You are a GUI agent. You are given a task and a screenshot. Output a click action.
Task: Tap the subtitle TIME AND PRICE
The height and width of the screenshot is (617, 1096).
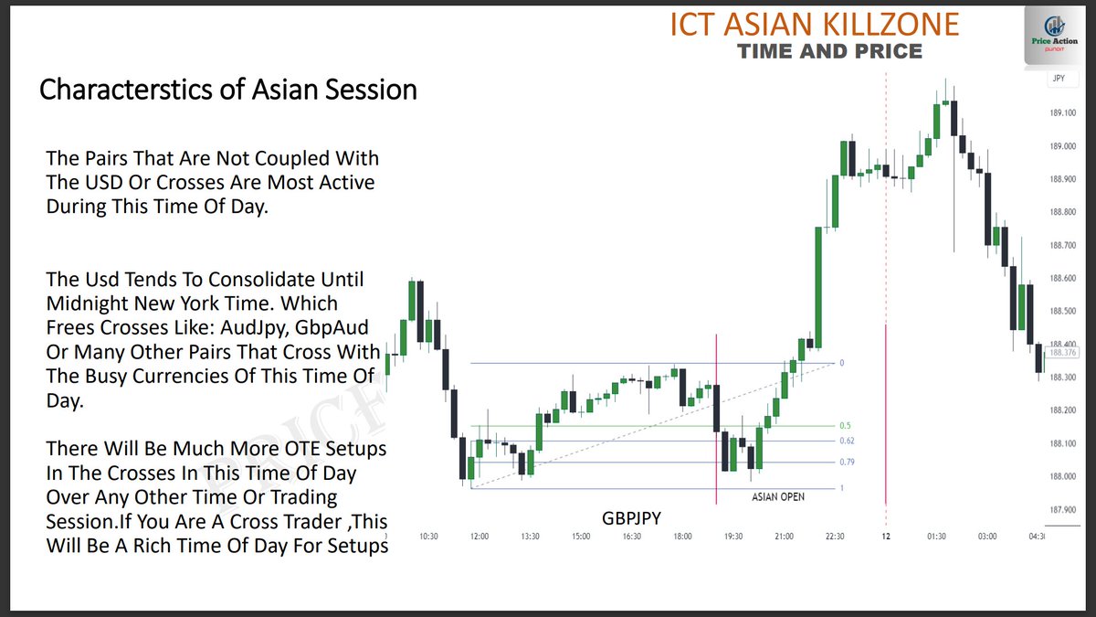coord(829,51)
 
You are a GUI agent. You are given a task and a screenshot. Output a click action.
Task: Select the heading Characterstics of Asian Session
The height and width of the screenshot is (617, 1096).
coord(228,90)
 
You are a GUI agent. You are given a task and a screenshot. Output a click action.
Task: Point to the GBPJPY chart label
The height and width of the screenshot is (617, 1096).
coord(631,517)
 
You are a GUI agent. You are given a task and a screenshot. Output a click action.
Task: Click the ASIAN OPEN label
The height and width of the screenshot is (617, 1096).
coord(778,497)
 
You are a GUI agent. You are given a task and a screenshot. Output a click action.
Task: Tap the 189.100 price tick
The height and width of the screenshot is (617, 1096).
coord(1062,113)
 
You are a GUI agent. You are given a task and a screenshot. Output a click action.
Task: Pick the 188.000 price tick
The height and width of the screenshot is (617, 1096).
coord(1062,476)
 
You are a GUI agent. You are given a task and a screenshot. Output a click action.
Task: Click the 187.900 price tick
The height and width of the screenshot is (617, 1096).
coord(1062,509)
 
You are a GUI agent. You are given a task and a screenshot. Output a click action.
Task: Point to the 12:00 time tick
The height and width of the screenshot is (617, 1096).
coord(479,537)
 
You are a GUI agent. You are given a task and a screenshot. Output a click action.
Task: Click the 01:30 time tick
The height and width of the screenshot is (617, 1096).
coord(936,537)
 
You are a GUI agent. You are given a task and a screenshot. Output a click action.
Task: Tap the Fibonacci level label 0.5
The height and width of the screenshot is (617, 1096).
coord(844,426)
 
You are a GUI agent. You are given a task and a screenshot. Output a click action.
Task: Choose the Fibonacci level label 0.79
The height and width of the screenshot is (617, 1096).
coord(846,462)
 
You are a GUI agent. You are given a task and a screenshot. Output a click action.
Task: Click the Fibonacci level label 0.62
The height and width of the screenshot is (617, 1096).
coord(846,441)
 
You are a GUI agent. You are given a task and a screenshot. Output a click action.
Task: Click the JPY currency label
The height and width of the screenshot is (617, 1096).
coord(1059,79)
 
